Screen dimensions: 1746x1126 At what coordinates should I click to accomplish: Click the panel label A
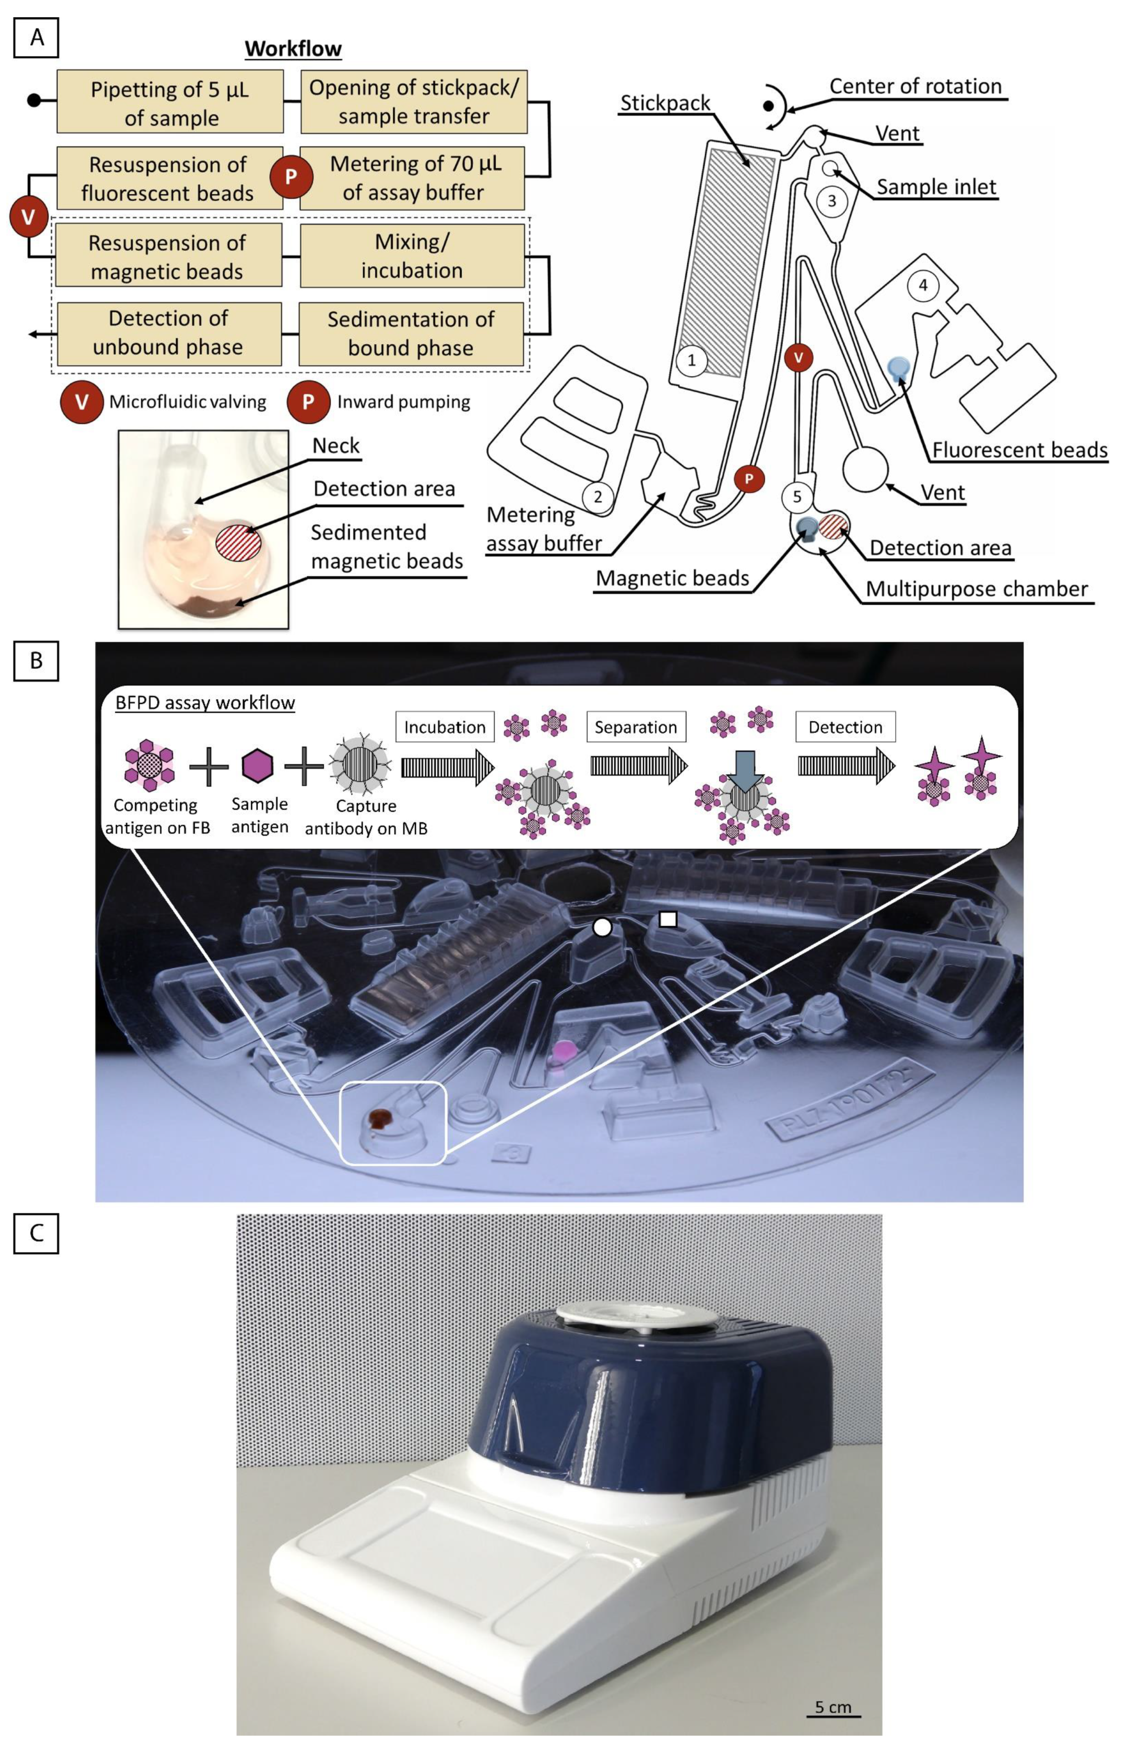(36, 37)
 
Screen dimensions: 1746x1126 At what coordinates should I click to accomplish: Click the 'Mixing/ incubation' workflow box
(412, 256)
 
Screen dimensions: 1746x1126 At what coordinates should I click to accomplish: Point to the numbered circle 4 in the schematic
(923, 285)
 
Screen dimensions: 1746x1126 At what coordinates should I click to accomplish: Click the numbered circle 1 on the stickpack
(691, 360)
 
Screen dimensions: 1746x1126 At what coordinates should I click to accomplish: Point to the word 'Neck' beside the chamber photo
(336, 446)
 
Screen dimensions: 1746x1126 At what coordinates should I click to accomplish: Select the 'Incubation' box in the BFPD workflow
(445, 727)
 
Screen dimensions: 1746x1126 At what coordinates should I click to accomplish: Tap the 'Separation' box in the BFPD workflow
(635, 727)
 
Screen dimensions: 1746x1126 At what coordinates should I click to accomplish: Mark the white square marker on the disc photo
(667, 919)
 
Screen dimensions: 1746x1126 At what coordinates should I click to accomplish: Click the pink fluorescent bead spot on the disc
(563, 1051)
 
